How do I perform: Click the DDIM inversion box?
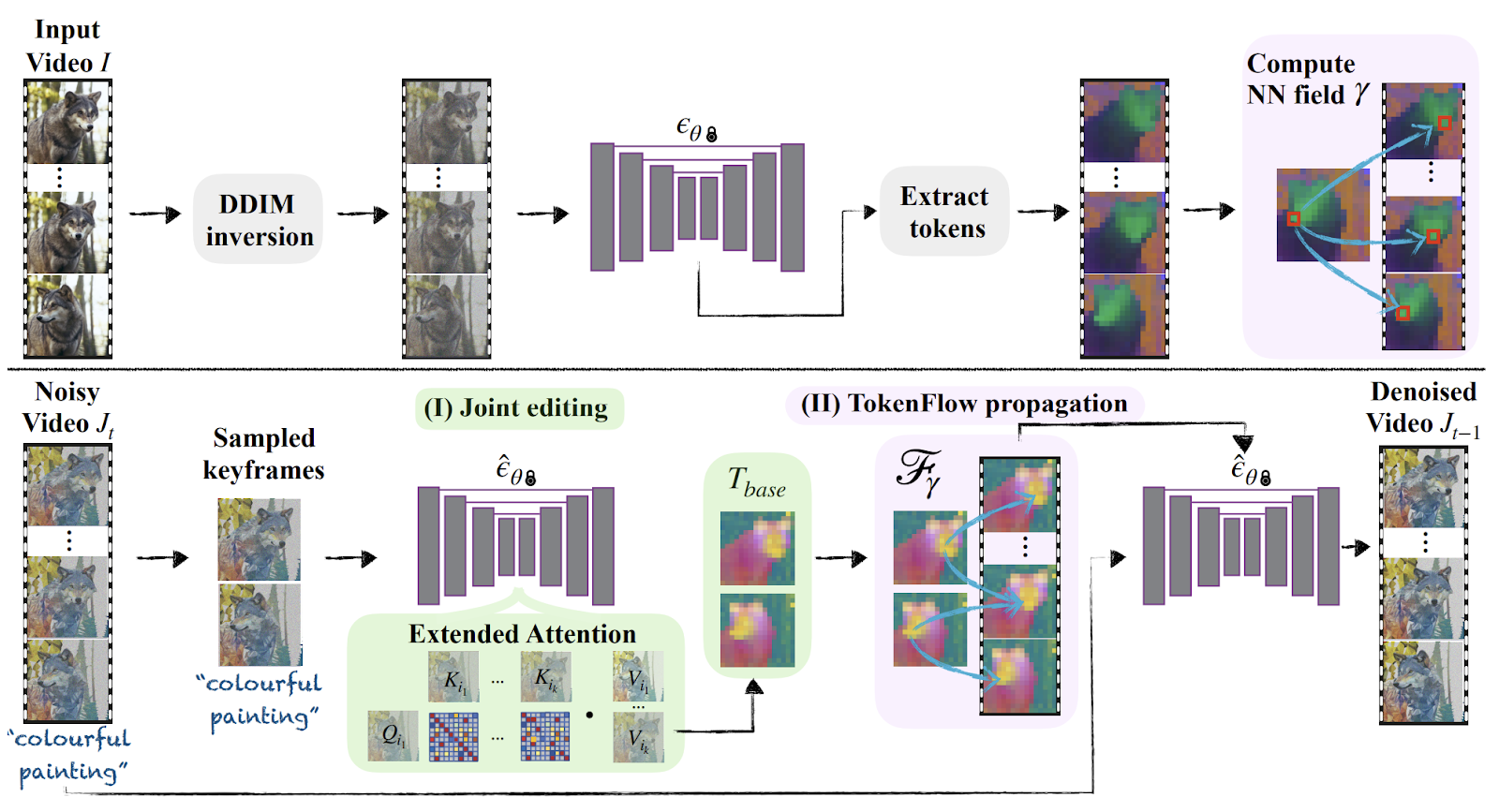(258, 219)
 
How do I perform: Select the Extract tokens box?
(944, 212)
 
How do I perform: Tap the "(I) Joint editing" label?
(518, 408)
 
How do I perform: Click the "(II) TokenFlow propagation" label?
(964, 404)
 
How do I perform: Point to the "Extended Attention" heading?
(522, 634)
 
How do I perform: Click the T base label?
(756, 482)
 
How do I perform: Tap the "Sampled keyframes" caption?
(263, 453)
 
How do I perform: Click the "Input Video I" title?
(67, 47)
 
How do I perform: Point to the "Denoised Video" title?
(1423, 408)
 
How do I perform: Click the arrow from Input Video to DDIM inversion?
(155, 214)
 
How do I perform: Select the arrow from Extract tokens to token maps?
(1043, 212)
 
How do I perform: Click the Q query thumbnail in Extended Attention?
(393, 736)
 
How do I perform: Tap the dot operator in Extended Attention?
(589, 716)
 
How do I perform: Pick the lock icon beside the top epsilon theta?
(711, 135)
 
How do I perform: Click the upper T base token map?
(757, 548)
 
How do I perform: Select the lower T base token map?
(757, 630)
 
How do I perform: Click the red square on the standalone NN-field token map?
(1294, 219)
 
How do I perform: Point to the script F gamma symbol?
(918, 471)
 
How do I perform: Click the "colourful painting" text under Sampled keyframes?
(260, 700)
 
